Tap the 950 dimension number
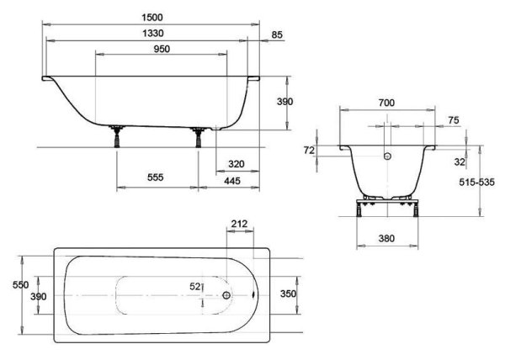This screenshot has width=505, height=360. (162, 49)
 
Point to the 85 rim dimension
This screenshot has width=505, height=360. (277, 34)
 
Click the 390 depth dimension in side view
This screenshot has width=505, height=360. (285, 102)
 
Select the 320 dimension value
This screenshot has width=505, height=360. (236, 164)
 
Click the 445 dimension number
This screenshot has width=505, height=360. (236, 179)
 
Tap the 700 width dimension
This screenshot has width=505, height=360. (386, 103)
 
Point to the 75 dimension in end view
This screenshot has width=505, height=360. (453, 121)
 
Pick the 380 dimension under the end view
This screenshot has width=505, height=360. (386, 239)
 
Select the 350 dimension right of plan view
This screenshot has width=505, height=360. (287, 295)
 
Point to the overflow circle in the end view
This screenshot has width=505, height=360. (387, 156)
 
